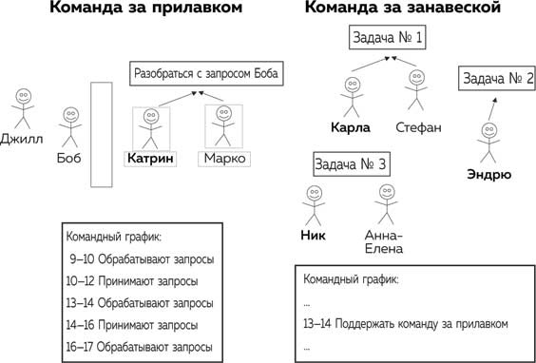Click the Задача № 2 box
(x=498, y=79)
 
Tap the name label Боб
(x=68, y=158)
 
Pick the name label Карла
(x=351, y=127)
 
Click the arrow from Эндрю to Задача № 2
(x=491, y=110)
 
